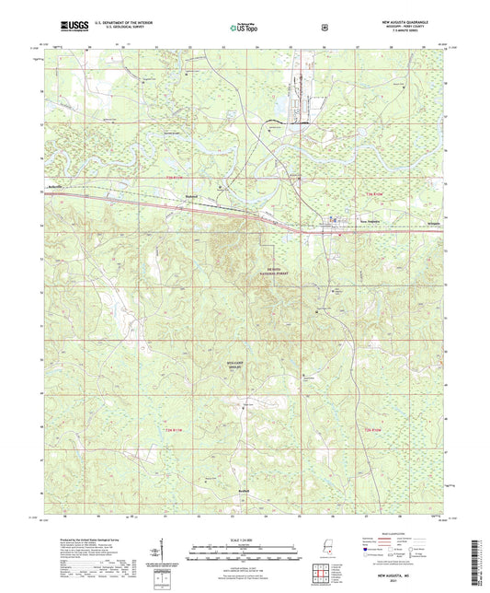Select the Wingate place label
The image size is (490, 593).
431,222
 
